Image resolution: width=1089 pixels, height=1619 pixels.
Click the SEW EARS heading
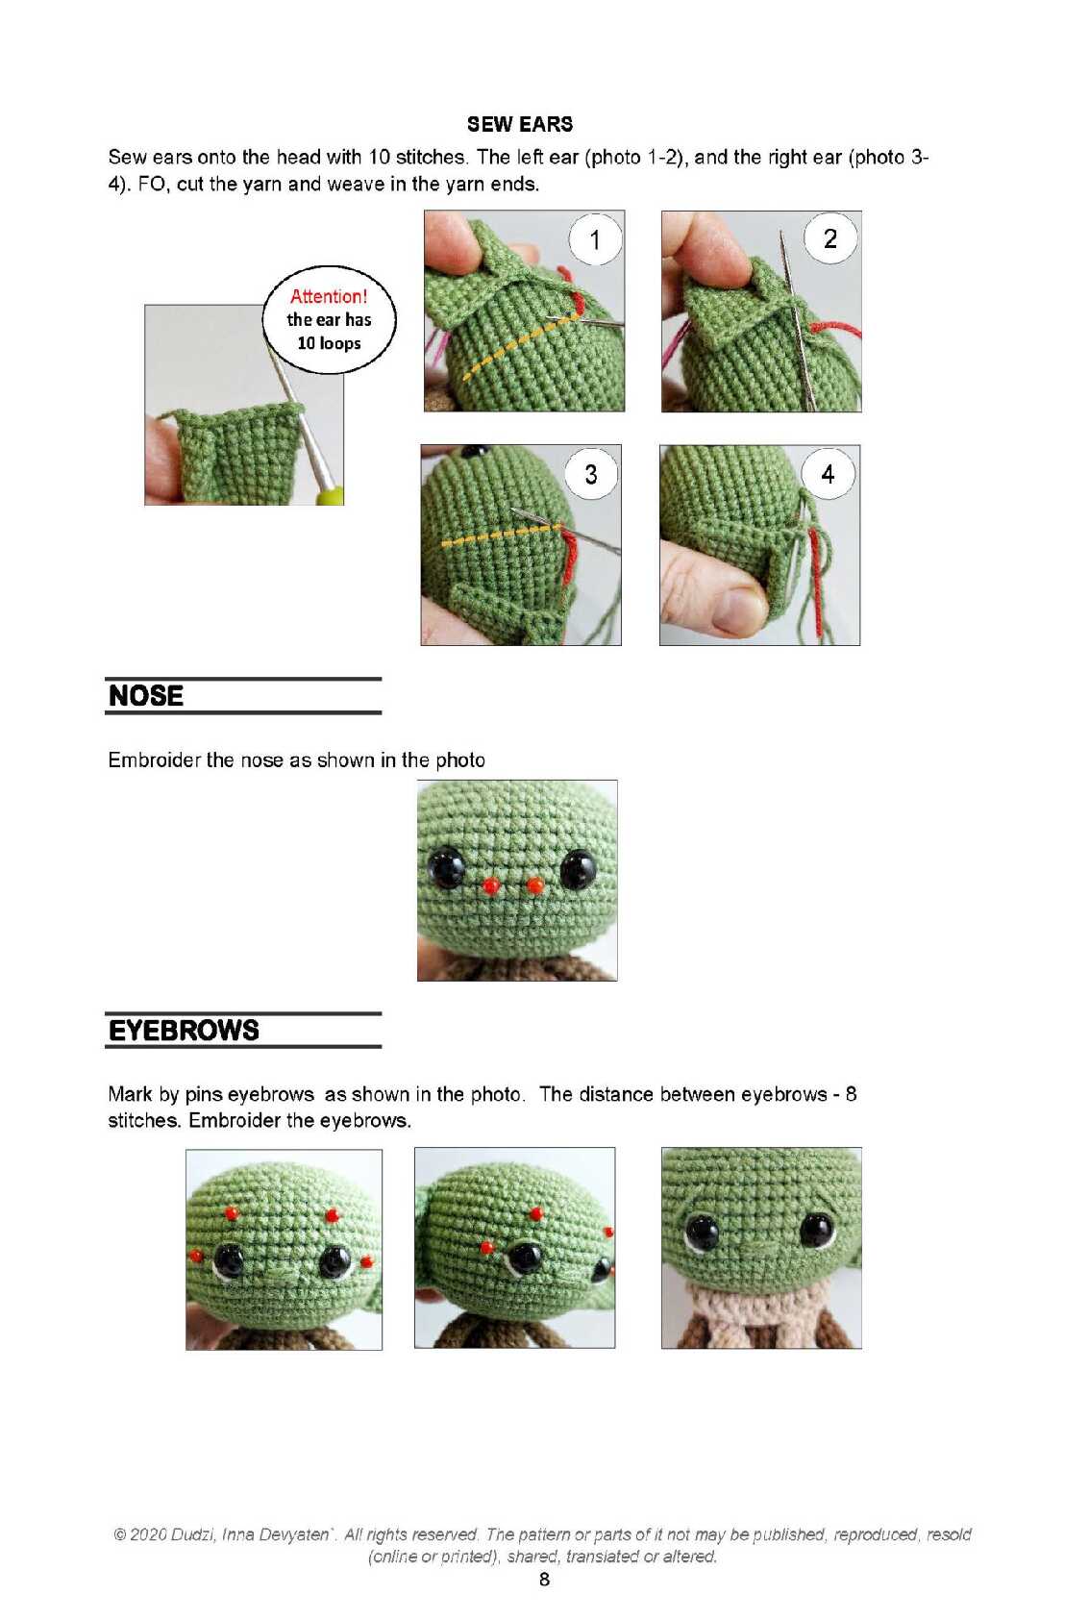point(520,124)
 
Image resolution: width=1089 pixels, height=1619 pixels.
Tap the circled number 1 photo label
point(595,239)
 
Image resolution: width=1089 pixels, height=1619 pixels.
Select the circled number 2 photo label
point(830,238)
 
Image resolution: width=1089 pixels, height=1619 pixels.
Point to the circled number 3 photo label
point(591,473)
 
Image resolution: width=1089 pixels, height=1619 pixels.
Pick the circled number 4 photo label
point(829,473)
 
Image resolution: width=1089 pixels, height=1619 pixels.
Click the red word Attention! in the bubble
point(329,296)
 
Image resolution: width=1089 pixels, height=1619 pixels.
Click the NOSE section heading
point(146,695)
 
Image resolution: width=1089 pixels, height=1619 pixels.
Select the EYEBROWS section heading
point(184,1030)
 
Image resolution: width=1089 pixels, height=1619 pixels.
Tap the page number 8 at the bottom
point(544,1580)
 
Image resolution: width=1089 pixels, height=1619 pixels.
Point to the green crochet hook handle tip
point(331,494)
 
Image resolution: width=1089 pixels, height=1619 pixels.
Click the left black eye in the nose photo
point(446,867)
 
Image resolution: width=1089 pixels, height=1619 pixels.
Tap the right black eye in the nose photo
point(578,869)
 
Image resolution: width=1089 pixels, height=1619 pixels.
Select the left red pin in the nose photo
point(491,885)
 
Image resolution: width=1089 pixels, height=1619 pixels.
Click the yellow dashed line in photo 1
point(519,345)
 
